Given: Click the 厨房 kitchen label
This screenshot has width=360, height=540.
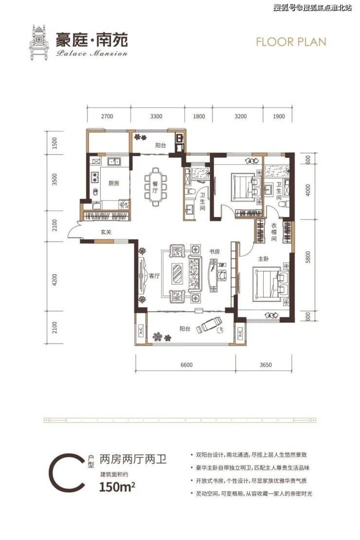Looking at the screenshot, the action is pyautogui.click(x=113, y=183).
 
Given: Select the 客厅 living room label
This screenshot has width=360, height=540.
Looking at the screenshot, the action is pyautogui.click(x=155, y=276).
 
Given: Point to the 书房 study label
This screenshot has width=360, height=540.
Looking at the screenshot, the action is pyautogui.click(x=214, y=252).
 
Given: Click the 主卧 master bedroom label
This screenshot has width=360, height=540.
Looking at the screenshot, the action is pyautogui.click(x=263, y=259).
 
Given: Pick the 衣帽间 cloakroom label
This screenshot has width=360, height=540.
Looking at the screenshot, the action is pyautogui.click(x=273, y=232).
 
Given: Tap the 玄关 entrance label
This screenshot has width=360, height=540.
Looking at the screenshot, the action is pyautogui.click(x=106, y=232).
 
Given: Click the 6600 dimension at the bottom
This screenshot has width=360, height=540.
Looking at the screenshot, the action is pyautogui.click(x=186, y=365).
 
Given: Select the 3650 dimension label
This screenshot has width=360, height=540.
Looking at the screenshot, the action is pyautogui.click(x=265, y=365).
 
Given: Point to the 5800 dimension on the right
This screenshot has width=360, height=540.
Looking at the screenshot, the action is pyautogui.click(x=307, y=257).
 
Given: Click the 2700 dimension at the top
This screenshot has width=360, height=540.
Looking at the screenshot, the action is pyautogui.click(x=107, y=116).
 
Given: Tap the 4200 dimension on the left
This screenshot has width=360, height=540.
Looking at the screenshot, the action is pyautogui.click(x=54, y=280).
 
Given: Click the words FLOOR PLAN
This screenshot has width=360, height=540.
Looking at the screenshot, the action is pyautogui.click(x=291, y=42).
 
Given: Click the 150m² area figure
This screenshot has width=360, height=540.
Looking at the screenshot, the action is pyautogui.click(x=117, y=487).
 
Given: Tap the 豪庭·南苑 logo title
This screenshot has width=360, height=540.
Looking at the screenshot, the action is pyautogui.click(x=92, y=39).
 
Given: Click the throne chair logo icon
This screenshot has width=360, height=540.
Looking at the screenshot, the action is pyautogui.click(x=39, y=43).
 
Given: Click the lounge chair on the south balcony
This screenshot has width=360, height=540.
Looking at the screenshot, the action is pyautogui.click(x=209, y=325).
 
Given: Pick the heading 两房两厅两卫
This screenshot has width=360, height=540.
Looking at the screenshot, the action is pyautogui.click(x=133, y=459).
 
